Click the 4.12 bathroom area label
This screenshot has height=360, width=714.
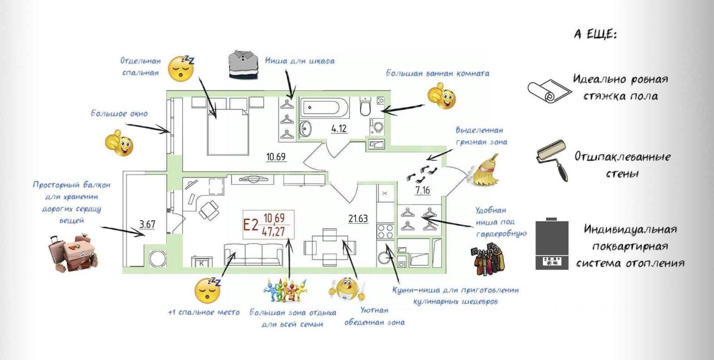click(339, 129)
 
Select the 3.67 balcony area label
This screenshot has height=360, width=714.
click(147, 225)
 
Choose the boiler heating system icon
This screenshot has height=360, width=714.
click(552, 245)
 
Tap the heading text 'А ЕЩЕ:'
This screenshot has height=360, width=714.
click(595, 35)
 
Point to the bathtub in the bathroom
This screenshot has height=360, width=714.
click(325, 107)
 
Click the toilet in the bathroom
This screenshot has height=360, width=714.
click(366, 105)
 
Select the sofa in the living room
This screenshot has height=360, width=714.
click(254, 254)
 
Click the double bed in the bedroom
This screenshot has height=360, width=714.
click(228, 132)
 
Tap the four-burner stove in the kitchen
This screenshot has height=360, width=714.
click(385, 231)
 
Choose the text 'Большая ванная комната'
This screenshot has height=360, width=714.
click(438, 73)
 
